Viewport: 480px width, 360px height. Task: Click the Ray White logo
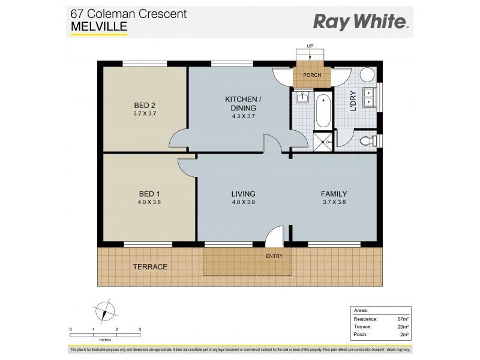[x=360, y=22]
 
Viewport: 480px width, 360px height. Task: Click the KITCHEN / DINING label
[x=241, y=99]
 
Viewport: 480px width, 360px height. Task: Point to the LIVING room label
[x=244, y=194]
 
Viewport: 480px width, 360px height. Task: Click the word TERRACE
[x=151, y=266]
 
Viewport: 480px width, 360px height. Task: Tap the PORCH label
[x=312, y=75]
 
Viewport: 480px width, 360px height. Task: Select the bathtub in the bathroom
[x=323, y=111]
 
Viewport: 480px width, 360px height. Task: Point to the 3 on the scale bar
[x=140, y=330]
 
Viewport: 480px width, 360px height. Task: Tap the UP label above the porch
[x=310, y=46]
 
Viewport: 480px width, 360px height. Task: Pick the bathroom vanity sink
[x=302, y=97]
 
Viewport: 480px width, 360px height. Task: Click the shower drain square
[x=323, y=142]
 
